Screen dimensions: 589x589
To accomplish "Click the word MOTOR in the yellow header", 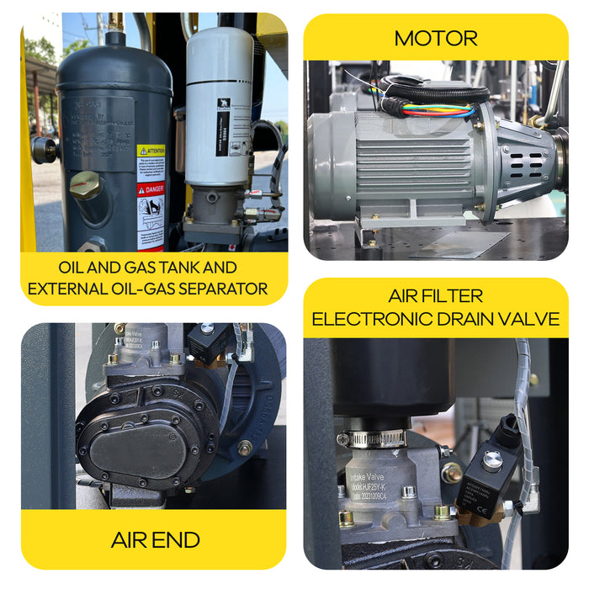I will [x=435, y=38].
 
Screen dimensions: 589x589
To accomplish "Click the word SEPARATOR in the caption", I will [x=220, y=289].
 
